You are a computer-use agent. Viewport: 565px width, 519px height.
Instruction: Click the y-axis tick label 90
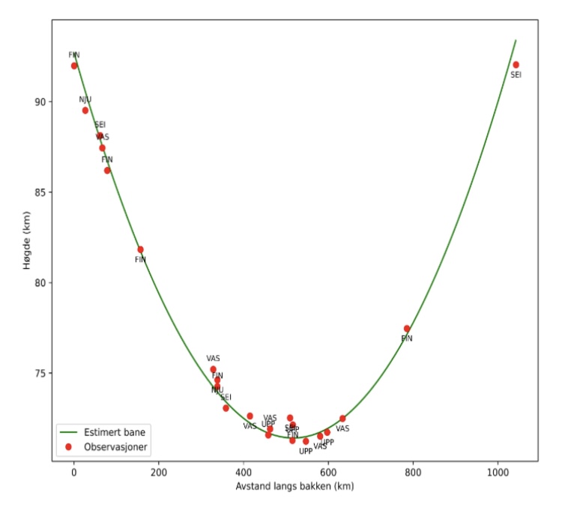[39, 102]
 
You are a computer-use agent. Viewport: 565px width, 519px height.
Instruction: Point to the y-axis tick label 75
[39, 373]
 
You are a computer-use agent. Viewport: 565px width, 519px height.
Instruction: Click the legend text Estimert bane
[115, 432]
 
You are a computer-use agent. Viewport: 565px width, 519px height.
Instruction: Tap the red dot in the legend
[69, 446]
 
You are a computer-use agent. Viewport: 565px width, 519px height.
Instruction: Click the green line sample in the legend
[69, 432]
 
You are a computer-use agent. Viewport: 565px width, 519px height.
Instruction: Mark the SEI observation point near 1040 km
[516, 64]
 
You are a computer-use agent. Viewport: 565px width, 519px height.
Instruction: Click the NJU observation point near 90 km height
[85, 110]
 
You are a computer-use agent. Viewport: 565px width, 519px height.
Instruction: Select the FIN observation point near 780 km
[407, 328]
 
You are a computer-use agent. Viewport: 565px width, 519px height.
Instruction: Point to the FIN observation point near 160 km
[140, 249]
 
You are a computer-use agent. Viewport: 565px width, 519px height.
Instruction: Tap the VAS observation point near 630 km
[342, 419]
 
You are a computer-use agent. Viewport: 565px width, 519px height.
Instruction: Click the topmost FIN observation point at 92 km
[74, 66]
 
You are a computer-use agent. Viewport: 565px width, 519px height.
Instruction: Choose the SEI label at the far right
[516, 75]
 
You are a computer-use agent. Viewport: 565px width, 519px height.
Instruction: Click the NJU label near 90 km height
[85, 100]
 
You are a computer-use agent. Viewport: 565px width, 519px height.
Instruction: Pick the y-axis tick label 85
[39, 192]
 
